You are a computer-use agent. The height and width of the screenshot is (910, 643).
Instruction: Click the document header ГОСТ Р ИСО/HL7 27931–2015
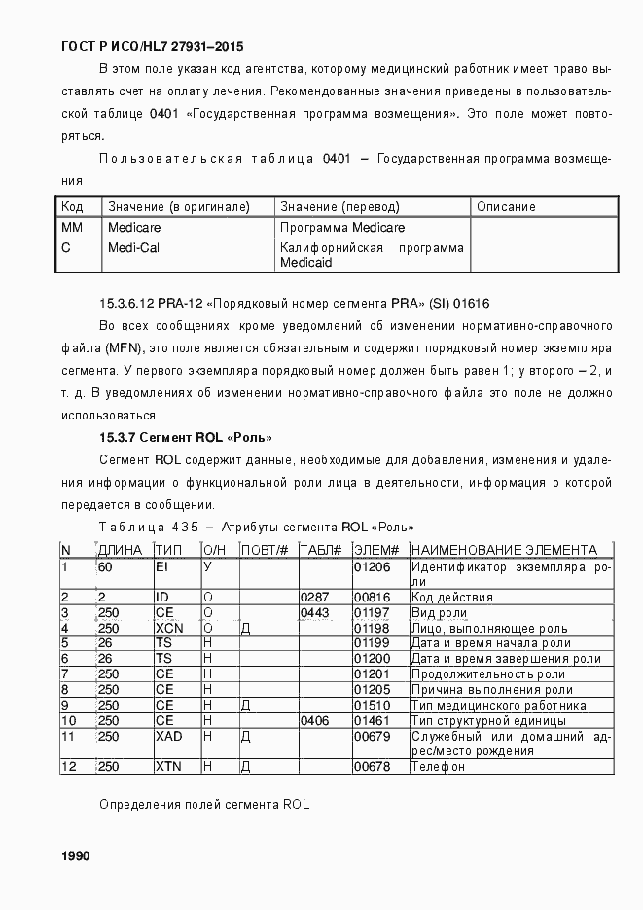(153, 46)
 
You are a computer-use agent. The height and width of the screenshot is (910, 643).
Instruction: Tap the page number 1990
(76, 855)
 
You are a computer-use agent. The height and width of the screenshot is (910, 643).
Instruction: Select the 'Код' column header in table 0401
(72, 206)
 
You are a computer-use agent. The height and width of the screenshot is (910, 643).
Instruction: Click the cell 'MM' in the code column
(71, 227)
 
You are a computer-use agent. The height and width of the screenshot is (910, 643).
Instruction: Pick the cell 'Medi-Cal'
(133, 247)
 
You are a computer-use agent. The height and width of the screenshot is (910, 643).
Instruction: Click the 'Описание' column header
(506, 206)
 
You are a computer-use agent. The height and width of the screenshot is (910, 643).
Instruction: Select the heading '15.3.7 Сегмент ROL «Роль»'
(185, 437)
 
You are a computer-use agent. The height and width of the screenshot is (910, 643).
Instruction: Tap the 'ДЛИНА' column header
(121, 550)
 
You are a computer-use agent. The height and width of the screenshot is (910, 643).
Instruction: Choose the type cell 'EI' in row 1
(161, 565)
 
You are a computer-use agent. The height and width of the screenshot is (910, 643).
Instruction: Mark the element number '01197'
(371, 613)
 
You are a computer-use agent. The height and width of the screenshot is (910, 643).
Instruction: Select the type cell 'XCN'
(168, 628)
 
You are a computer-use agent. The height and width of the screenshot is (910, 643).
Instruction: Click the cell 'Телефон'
(438, 767)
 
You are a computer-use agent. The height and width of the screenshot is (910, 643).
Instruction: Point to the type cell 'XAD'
(168, 737)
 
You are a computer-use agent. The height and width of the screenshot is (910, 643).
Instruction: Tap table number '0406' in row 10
(314, 720)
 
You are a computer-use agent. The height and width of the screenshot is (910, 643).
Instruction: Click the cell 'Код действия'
(451, 597)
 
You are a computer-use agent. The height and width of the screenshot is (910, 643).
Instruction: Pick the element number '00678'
(371, 767)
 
